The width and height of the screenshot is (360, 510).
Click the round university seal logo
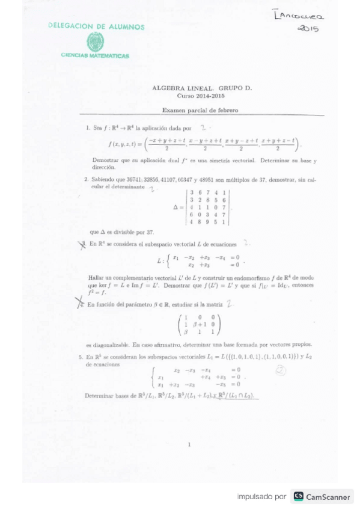click(96, 41)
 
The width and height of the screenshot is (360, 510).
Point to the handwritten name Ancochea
click(299, 16)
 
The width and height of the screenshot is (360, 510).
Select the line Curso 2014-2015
click(201, 95)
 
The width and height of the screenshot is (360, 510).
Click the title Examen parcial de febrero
click(201, 110)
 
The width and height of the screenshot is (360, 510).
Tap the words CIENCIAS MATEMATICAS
click(95, 56)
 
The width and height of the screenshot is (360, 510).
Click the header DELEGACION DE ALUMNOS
click(96, 27)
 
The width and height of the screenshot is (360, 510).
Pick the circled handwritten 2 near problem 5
click(280, 371)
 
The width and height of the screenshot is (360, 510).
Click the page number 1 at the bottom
click(189, 444)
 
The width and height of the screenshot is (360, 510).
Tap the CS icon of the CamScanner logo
click(298, 497)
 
